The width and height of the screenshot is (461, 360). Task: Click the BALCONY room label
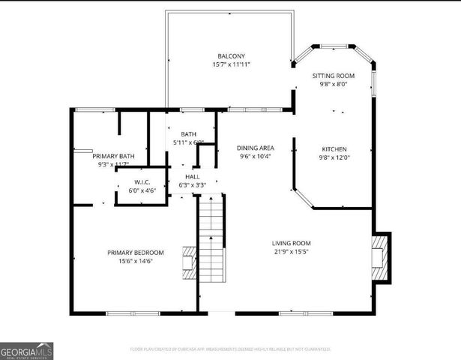(231, 56)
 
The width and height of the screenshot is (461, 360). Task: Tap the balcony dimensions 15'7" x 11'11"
(231, 65)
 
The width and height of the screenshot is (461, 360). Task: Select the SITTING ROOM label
(333, 76)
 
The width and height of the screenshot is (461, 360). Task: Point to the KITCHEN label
(334, 148)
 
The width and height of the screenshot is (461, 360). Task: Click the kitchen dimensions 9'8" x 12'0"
(334, 157)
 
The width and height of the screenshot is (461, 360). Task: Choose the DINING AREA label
(256, 148)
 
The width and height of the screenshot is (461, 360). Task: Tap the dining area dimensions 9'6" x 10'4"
(256, 157)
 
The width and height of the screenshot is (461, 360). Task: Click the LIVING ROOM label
(291, 243)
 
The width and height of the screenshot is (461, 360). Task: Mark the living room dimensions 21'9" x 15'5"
(291, 252)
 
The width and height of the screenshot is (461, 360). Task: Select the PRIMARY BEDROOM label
(135, 253)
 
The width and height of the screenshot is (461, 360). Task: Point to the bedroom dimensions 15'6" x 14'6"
(135, 262)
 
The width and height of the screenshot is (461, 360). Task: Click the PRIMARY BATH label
(114, 155)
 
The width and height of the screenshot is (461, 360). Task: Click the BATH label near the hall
(188, 133)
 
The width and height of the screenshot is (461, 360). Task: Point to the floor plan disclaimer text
(230, 349)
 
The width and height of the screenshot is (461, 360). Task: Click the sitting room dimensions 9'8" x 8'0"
(333, 85)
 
